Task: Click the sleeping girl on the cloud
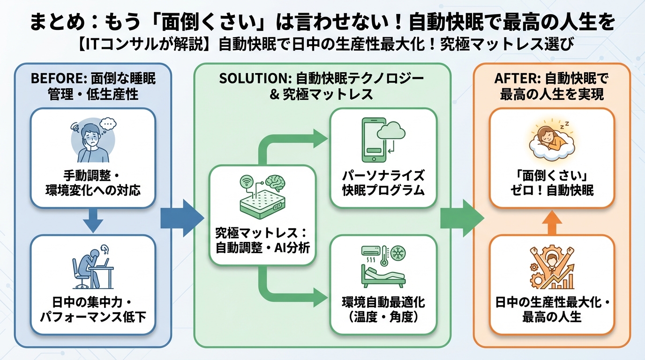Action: (551, 140)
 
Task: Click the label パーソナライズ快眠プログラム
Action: (383, 183)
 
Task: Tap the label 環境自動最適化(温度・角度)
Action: (383, 309)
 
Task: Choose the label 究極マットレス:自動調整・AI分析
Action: (262, 240)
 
